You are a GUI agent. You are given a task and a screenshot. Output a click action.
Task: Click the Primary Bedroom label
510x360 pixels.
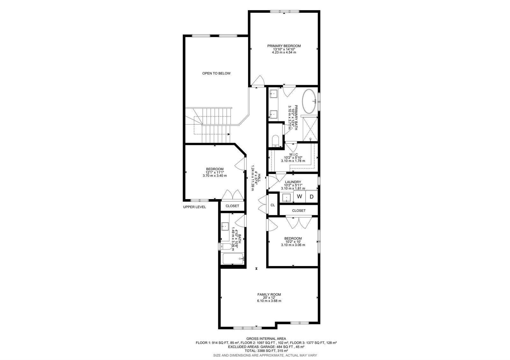click(x=284, y=46)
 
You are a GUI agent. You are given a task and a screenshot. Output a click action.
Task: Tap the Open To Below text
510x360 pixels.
click(x=216, y=73)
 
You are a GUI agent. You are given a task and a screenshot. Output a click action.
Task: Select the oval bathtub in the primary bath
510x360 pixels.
click(x=309, y=101)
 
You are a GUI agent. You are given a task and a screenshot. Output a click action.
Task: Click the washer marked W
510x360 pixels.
click(x=300, y=196)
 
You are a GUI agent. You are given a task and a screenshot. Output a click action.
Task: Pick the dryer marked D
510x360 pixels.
click(x=311, y=197)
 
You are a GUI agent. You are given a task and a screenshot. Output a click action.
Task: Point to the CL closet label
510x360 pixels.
click(x=273, y=205)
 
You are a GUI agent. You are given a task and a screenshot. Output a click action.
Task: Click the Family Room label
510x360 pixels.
click(x=269, y=294)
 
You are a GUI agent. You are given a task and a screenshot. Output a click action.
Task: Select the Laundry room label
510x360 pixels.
click(x=293, y=182)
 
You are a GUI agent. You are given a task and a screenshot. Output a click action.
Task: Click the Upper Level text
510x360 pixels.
click(x=194, y=207)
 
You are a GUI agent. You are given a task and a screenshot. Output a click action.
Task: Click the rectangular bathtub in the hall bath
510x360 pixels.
click(x=233, y=259)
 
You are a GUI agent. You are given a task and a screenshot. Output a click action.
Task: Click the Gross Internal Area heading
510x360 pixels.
click(x=266, y=339)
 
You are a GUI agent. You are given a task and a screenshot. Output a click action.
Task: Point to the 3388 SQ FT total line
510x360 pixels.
click(x=266, y=351)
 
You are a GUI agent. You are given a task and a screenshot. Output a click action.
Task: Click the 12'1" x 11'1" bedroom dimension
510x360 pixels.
click(x=215, y=172)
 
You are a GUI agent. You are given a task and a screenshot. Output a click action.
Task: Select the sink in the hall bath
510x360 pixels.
click(x=225, y=226)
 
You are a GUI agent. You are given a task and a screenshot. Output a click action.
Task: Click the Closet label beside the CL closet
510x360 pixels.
click(x=299, y=211)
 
